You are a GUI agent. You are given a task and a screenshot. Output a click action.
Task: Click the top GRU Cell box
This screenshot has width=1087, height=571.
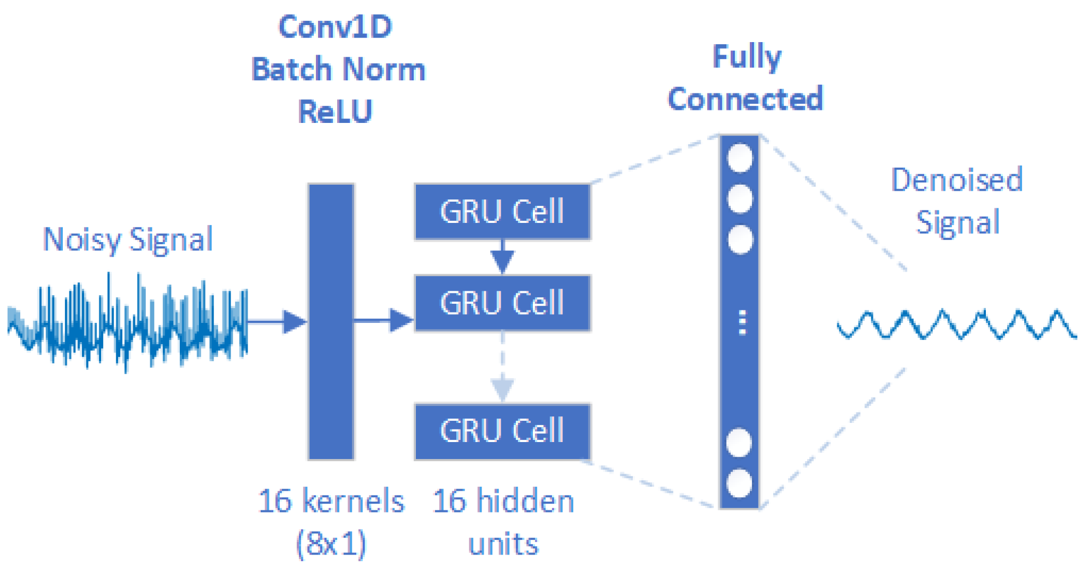[x=502, y=212]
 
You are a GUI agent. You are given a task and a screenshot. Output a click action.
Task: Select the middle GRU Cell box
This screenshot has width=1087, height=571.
[x=502, y=303]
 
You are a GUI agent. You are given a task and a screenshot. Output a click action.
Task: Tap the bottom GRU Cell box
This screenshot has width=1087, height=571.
[x=502, y=431]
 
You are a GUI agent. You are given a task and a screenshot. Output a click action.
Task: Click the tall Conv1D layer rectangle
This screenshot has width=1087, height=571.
[x=331, y=321]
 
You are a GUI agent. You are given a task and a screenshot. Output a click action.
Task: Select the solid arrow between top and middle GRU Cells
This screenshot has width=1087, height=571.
[x=502, y=257]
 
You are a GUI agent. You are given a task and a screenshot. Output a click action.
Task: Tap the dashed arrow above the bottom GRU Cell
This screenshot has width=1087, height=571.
[x=502, y=372]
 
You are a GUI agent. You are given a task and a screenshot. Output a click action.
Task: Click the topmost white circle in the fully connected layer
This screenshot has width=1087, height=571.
[x=739, y=158]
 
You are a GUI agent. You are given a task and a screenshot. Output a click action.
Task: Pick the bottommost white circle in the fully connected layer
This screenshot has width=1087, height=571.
[x=739, y=484]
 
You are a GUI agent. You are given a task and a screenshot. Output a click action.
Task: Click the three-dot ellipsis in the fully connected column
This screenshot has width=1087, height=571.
[x=742, y=322]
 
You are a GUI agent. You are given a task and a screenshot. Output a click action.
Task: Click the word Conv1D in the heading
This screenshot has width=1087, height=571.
[x=335, y=27]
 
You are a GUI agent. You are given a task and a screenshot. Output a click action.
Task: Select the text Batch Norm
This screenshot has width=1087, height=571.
[x=338, y=69]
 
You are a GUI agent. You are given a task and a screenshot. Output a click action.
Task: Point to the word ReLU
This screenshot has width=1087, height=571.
[x=335, y=111]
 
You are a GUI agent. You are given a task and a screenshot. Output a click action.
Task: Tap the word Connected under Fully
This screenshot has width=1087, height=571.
[x=745, y=99]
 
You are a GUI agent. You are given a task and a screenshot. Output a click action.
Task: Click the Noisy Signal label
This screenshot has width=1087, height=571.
[x=128, y=239]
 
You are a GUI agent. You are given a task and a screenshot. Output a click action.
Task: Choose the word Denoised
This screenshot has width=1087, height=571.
[x=957, y=180]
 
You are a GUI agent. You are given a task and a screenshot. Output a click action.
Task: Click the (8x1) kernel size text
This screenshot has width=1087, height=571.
[x=331, y=544]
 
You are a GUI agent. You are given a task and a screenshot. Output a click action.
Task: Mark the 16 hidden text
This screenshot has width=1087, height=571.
[x=503, y=501]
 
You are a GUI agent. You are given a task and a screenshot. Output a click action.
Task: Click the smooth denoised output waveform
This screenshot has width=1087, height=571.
[x=956, y=325]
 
